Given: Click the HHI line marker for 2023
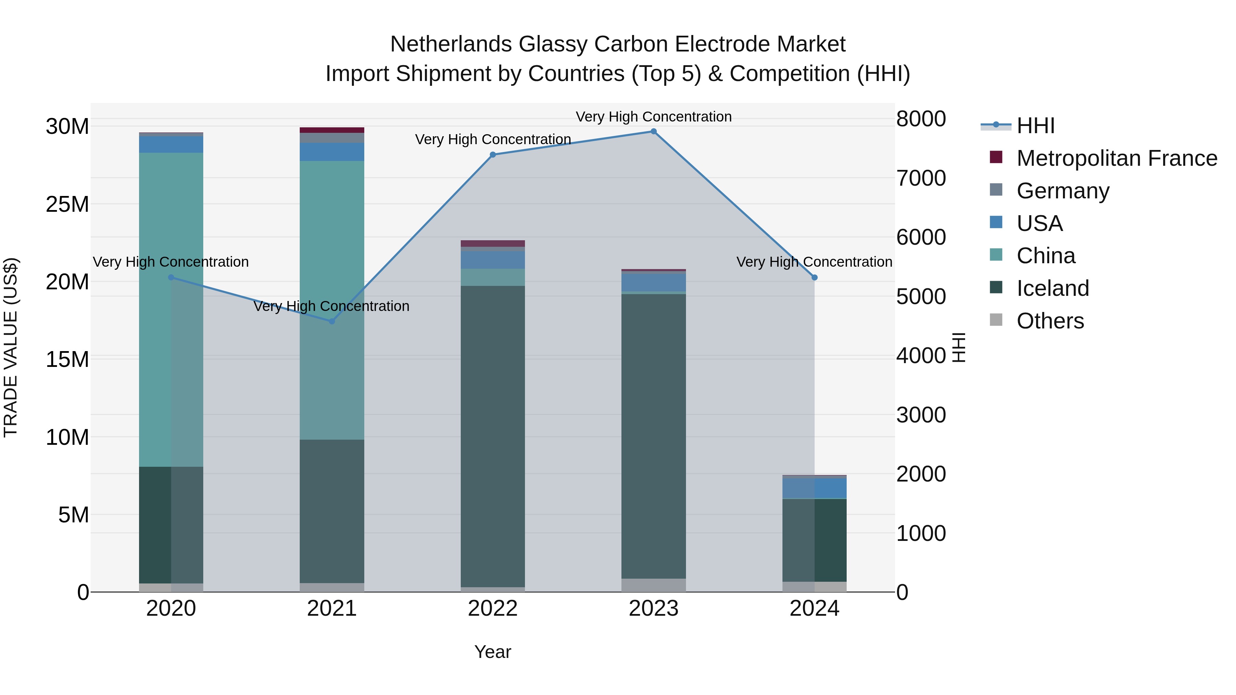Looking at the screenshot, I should (x=653, y=131).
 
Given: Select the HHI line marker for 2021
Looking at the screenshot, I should (x=332, y=321).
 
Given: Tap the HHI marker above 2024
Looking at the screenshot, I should (x=814, y=278).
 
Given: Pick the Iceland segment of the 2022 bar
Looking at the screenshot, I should (x=493, y=437).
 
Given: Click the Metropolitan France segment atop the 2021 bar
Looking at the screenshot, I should (x=332, y=130).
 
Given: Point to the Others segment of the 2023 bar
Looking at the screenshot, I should (x=653, y=585).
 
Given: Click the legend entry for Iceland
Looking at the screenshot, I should (x=1052, y=288).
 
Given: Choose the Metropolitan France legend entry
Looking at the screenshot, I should (x=1116, y=158).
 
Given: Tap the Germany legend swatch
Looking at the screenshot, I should (x=996, y=190).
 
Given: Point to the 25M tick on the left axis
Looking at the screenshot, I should (x=67, y=204).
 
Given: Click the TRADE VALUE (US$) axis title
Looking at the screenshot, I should (x=11, y=347).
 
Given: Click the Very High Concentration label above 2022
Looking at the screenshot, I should (x=493, y=140).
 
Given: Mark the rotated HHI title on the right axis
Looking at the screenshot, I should (x=958, y=347).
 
